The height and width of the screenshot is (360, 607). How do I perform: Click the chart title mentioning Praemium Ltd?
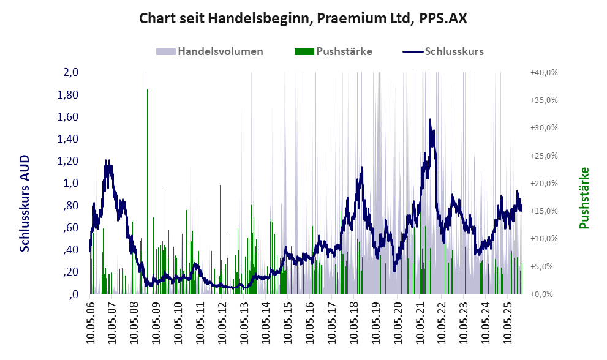click(x=303, y=18)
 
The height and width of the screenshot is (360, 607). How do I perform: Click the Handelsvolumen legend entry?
click(x=220, y=51)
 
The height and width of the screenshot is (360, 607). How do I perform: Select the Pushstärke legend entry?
click(x=344, y=51)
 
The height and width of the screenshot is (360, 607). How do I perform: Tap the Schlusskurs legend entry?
click(x=454, y=51)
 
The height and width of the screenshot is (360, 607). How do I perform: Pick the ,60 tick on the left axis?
click(x=70, y=228)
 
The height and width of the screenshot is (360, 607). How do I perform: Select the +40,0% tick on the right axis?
click(x=543, y=72)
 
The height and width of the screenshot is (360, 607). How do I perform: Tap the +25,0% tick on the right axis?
click(x=543, y=156)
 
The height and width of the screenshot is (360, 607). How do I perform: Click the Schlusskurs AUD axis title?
click(x=25, y=203)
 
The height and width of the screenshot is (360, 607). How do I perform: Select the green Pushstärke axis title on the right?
click(x=584, y=198)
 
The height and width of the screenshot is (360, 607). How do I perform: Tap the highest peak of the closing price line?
click(x=431, y=120)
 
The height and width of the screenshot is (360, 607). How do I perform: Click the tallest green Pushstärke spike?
click(x=147, y=91)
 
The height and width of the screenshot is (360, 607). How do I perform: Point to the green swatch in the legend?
click(x=304, y=51)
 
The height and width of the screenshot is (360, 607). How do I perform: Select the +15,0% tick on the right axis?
click(x=543, y=211)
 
